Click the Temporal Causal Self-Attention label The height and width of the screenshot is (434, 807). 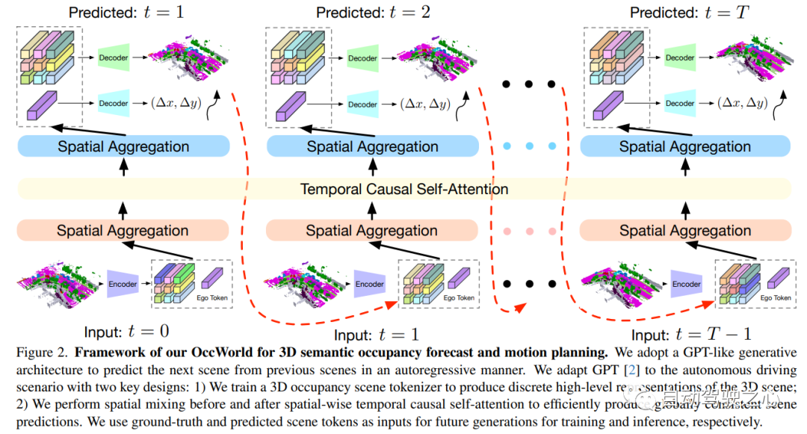click(403, 189)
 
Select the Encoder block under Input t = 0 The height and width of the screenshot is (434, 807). click(123, 284)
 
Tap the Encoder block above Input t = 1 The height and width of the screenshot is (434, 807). click(369, 284)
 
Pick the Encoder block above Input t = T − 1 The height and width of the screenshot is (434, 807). click(686, 284)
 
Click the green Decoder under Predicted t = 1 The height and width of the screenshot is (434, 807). click(114, 57)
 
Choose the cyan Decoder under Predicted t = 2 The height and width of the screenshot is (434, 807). click(362, 105)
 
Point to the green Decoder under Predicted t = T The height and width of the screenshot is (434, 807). click(680, 58)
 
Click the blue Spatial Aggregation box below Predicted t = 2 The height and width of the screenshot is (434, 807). click(371, 147)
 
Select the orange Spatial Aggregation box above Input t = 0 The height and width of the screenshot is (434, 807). click(123, 231)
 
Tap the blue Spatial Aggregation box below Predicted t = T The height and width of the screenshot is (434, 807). click(684, 147)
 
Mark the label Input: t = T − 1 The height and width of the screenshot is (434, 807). click(691, 335)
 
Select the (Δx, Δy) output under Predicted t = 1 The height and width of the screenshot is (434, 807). click(175, 104)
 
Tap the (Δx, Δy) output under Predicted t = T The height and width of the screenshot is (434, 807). click(740, 104)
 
